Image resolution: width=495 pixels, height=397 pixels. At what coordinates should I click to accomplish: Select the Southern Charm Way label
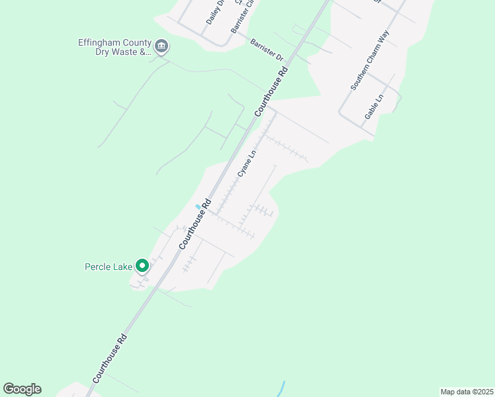click(x=370, y=60)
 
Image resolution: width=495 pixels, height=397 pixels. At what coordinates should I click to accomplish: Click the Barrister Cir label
click(x=243, y=17)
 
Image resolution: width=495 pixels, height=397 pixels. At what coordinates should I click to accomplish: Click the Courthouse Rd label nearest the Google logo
click(x=109, y=358)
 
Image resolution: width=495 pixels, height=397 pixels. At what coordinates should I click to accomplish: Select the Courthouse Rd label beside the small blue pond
click(x=195, y=223)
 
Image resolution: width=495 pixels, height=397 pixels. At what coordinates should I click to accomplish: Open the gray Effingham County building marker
click(x=161, y=46)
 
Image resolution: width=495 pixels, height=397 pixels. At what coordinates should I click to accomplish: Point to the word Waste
click(x=127, y=52)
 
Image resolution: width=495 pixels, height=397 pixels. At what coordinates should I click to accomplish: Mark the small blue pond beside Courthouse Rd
click(x=197, y=207)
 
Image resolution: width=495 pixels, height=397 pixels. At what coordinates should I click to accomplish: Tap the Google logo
click(x=22, y=389)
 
